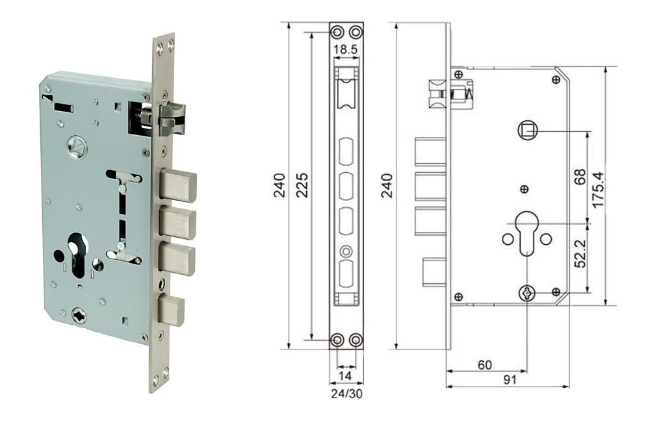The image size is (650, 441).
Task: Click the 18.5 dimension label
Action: coord(346,49)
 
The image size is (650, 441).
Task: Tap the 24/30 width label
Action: coord(345,393)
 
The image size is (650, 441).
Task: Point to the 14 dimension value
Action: coord(345,375)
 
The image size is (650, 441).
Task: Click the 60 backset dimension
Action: coord(485,365)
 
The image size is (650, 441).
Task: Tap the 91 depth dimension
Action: coord(509,380)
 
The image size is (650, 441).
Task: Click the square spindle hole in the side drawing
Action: coord(527,131)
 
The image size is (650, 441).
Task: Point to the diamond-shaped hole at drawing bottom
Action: coord(527,294)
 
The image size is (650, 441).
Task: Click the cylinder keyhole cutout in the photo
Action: coord(77,253)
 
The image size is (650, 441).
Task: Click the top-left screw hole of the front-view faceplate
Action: coord(337,32)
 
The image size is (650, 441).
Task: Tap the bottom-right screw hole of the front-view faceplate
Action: coord(355,340)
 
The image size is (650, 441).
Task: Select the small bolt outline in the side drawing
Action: coord(434,271)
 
